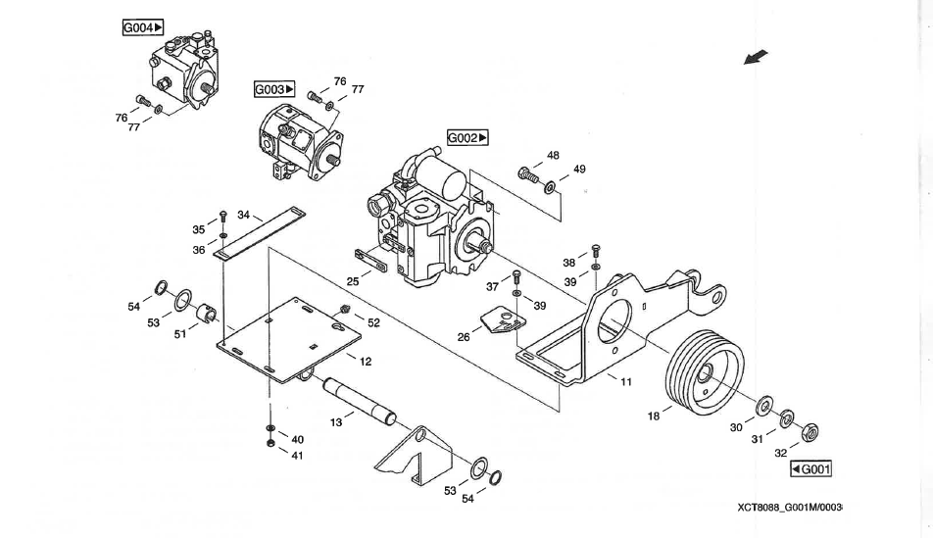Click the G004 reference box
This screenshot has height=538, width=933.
tap(143, 27)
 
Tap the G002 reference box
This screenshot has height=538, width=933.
tap(468, 138)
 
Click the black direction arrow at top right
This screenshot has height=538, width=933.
tap(756, 58)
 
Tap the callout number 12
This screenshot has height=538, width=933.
tap(365, 362)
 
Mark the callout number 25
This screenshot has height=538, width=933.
tap(353, 280)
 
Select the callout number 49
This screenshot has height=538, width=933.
tap(579, 170)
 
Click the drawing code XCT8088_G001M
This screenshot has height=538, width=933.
tap(790, 508)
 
